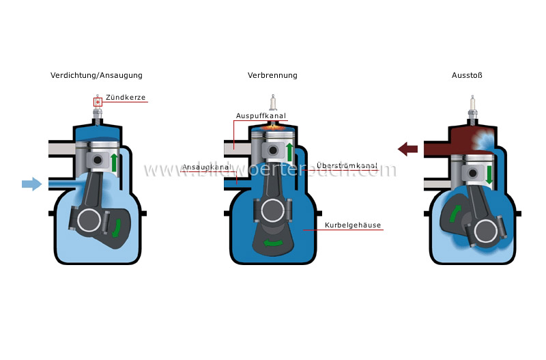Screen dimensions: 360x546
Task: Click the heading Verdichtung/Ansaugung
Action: (96, 75)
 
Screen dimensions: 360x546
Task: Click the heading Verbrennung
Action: (272, 75)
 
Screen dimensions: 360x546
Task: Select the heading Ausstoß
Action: (467, 75)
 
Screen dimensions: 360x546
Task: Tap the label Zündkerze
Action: (126, 98)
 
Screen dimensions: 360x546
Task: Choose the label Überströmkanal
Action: (347, 167)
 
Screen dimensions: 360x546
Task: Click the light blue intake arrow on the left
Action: (31, 184)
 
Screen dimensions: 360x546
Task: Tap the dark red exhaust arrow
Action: (408, 148)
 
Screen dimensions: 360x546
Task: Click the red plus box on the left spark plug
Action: (98, 102)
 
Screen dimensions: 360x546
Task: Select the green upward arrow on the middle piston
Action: (289, 152)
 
